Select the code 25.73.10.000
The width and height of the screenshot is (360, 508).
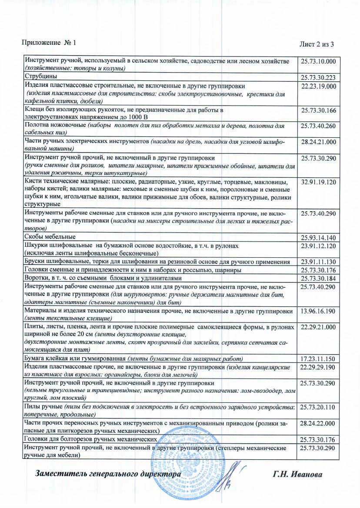click(319, 62)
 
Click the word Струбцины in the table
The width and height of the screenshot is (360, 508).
click(40, 76)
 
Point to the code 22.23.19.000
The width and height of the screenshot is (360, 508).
click(319, 86)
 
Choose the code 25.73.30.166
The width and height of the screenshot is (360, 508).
click(319, 110)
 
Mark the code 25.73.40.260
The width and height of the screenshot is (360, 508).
click(319, 126)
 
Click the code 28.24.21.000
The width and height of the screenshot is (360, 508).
click(319, 142)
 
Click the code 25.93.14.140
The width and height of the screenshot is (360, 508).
click(319, 238)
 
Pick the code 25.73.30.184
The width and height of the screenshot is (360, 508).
click(319, 278)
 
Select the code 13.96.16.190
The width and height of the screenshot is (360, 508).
click(319, 311)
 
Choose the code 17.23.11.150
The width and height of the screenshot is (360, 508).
click(319, 359)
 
